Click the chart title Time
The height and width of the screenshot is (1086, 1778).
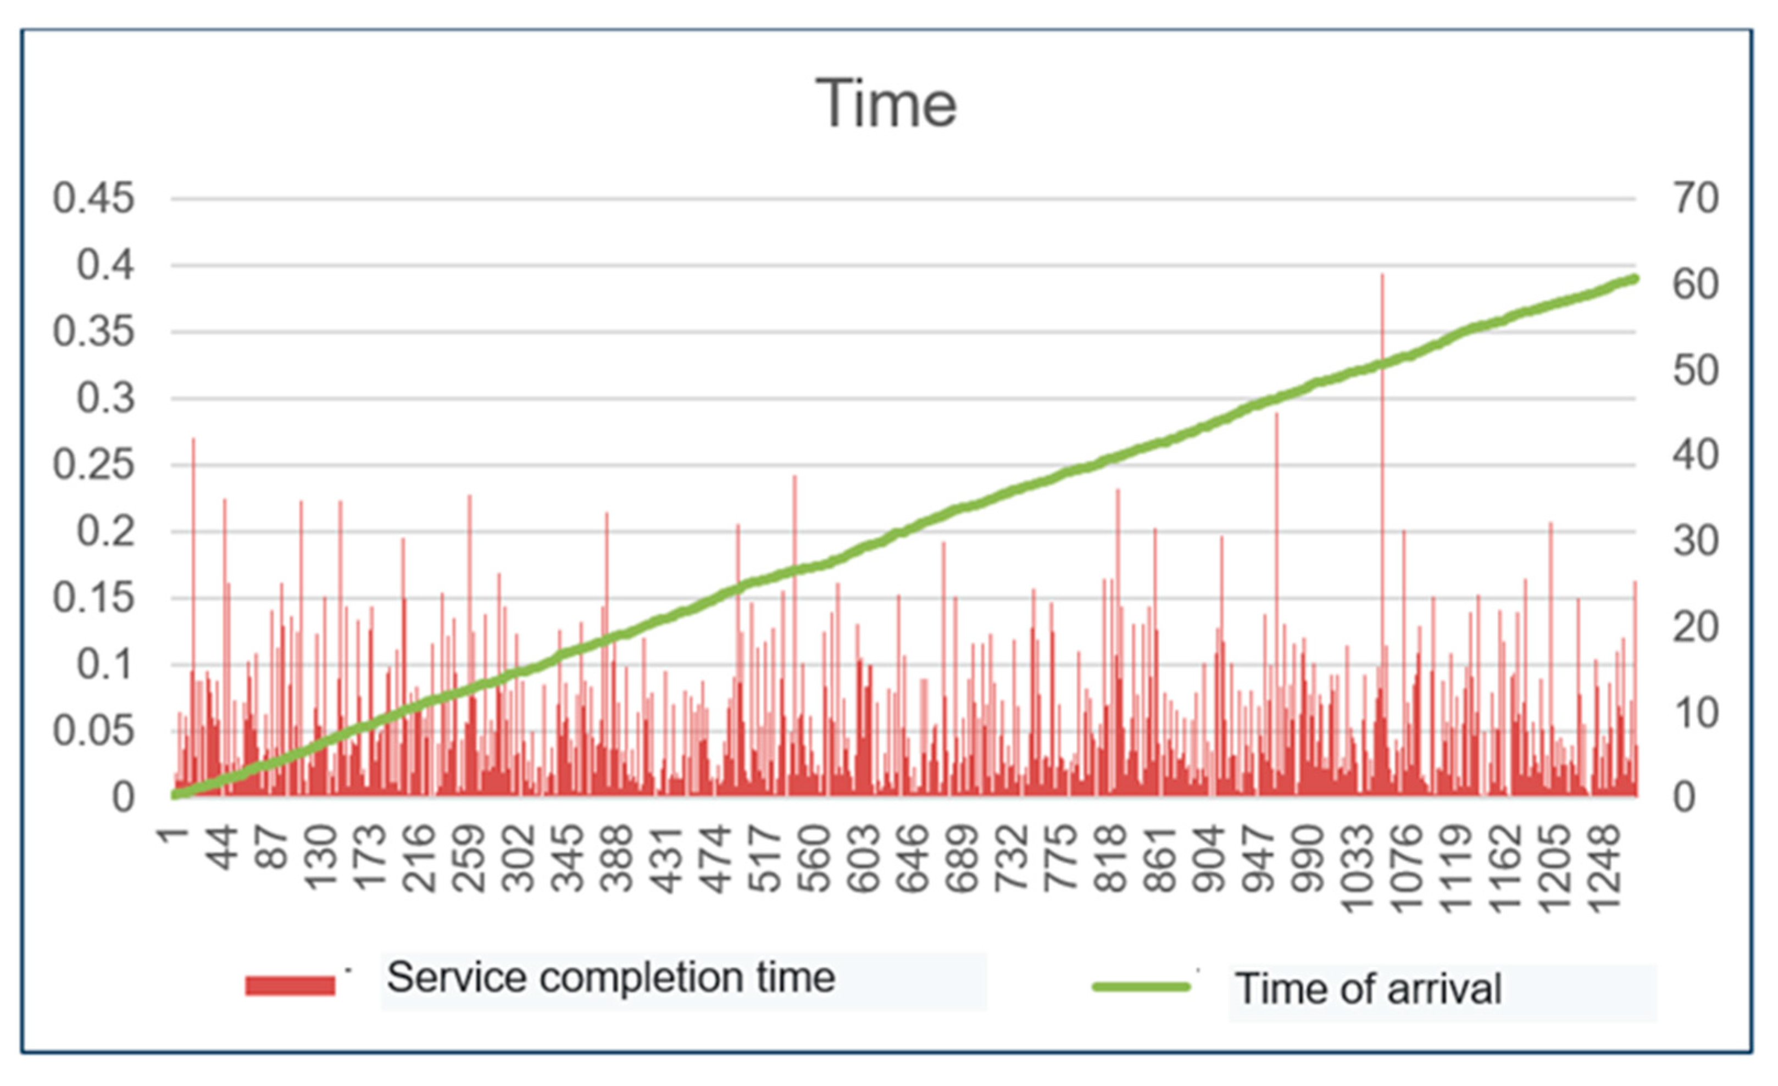click(x=886, y=104)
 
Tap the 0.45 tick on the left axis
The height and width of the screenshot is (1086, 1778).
click(x=94, y=198)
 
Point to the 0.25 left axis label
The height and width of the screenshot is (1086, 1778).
click(x=94, y=465)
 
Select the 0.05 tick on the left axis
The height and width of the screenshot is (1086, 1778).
click(x=94, y=732)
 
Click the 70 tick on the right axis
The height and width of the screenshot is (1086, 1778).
click(x=1696, y=198)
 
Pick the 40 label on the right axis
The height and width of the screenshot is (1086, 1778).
click(x=1696, y=455)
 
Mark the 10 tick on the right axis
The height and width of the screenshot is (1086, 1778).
click(x=1696, y=713)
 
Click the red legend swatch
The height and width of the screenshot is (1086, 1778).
click(x=290, y=985)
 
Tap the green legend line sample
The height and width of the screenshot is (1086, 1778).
click(x=1141, y=987)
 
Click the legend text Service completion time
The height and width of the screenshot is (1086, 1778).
click(x=611, y=978)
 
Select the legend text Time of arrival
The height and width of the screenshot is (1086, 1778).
click(x=1368, y=989)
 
